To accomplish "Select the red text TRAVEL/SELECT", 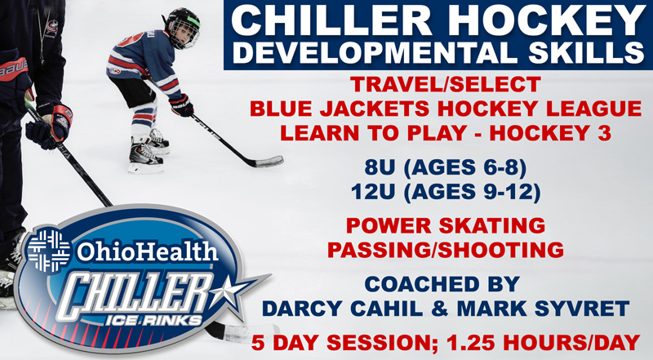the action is [445, 85].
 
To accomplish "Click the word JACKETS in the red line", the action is [373, 109].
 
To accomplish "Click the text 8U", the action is [379, 167].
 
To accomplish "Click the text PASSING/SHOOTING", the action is [445, 250].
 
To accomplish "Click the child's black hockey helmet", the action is [182, 27].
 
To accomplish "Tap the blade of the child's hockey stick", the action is [269, 162].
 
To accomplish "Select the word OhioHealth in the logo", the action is [147, 251].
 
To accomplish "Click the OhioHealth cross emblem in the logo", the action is [49, 251].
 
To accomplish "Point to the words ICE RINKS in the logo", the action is [153, 321].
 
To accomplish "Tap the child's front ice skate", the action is [144, 158].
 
